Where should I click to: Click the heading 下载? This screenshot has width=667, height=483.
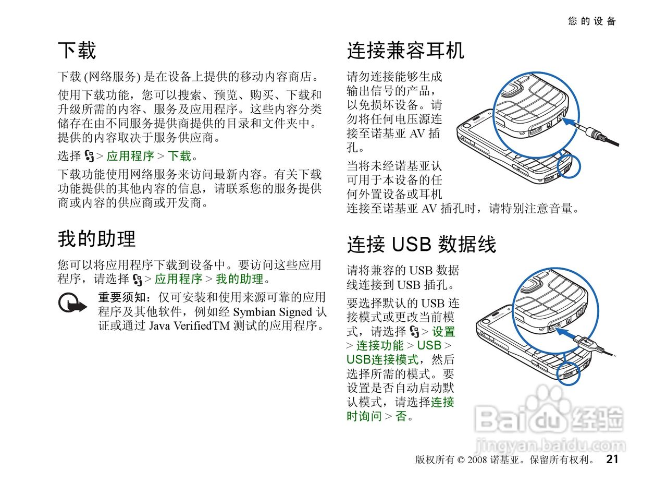(77, 51)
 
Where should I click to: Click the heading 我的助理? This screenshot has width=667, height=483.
(96, 239)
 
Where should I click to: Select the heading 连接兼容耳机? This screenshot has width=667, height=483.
(405, 51)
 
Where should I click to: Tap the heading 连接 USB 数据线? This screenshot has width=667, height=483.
(422, 244)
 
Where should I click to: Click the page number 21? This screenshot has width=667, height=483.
(612, 459)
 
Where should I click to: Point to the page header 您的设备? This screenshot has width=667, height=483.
(592, 21)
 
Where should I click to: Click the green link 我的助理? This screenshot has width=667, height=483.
(239, 279)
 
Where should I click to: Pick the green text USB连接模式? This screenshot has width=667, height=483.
(382, 359)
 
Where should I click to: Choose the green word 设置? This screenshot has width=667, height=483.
(443, 331)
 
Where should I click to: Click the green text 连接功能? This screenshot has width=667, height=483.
(380, 345)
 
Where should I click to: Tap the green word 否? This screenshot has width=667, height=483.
(401, 416)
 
